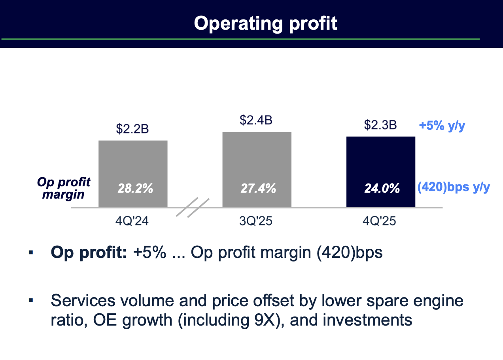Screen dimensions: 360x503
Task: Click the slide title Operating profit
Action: point(265,23)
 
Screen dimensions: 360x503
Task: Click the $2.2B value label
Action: point(132,129)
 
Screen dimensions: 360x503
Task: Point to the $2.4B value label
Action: point(256,120)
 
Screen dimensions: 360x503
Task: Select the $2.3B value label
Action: point(380,125)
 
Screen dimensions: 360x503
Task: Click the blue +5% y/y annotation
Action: point(442,126)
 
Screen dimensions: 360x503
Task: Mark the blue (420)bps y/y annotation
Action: point(454,187)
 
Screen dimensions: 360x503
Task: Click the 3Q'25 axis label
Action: point(256,220)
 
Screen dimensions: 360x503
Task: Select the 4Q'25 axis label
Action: point(380,220)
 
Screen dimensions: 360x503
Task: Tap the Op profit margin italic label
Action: point(64,188)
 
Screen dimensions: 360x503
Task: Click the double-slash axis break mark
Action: point(192,208)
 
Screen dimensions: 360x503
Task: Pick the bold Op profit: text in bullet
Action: point(89,252)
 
